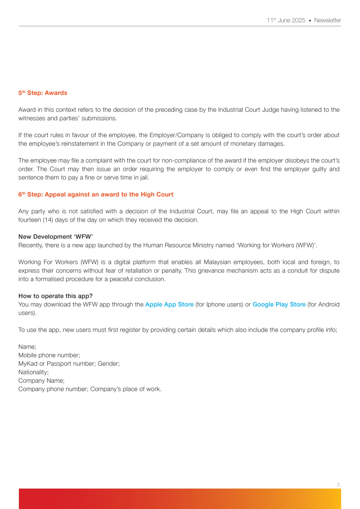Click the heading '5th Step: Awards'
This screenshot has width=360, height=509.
click(x=43, y=93)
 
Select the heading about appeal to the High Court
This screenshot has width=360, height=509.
click(x=96, y=194)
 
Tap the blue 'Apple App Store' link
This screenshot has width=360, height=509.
click(x=170, y=304)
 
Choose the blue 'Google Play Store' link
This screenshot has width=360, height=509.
click(x=279, y=304)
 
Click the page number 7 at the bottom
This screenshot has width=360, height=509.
click(x=338, y=484)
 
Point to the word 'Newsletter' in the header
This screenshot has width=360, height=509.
click(x=328, y=20)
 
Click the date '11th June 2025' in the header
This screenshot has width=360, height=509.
click(x=285, y=20)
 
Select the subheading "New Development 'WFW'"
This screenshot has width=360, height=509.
click(x=56, y=237)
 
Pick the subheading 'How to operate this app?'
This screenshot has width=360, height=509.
click(x=55, y=296)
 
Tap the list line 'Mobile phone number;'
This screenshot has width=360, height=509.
click(x=49, y=355)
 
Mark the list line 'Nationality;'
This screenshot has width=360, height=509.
click(x=33, y=372)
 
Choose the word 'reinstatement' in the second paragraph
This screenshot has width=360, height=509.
click(x=84, y=144)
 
